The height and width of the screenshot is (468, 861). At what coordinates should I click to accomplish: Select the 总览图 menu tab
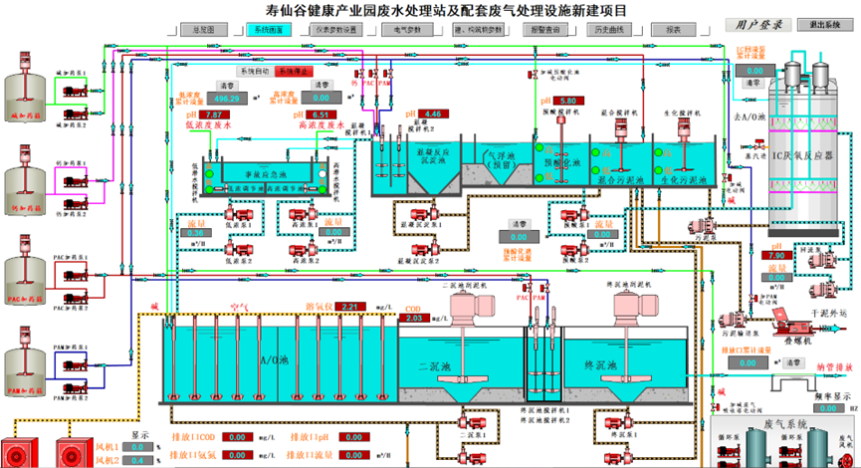tap(205, 30)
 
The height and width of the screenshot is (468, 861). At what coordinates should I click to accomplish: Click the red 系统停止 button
tap(295, 72)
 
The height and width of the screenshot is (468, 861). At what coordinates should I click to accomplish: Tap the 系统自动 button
tap(255, 72)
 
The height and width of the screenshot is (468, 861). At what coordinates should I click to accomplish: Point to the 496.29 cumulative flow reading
tap(226, 99)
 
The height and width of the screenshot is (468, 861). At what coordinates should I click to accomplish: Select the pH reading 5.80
tap(568, 102)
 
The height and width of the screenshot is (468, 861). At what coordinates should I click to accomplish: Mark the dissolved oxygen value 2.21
tap(349, 307)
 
